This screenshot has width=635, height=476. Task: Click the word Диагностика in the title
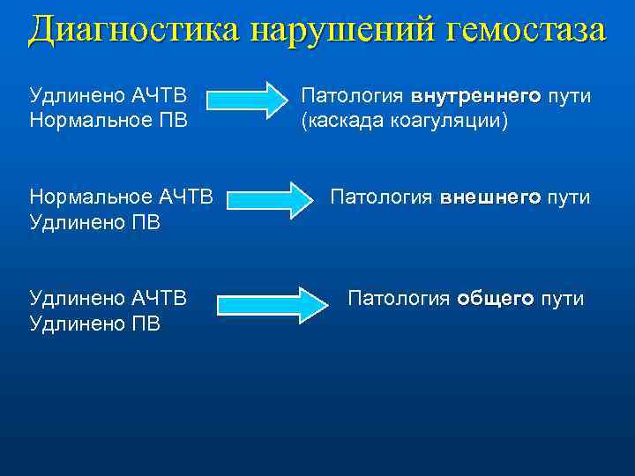134,30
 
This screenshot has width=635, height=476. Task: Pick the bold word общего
495,299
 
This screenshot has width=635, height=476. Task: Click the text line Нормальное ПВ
108,120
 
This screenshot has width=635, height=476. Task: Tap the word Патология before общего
400,299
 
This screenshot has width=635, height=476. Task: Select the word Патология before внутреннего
353,96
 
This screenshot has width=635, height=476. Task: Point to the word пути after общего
562,299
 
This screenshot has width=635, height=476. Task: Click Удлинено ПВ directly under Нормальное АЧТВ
95,221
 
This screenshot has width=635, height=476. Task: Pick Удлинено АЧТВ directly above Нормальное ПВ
108,96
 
